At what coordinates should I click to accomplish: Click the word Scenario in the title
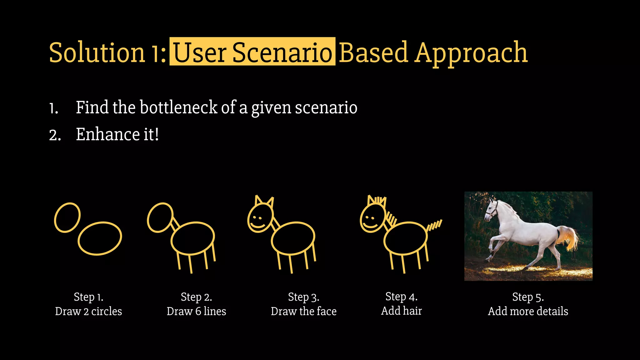282,52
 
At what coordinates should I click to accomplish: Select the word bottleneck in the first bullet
178,107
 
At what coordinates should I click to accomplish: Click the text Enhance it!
117,134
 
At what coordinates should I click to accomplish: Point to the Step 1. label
88,297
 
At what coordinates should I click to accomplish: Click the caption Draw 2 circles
88,311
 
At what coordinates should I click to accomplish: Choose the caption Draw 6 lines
196,311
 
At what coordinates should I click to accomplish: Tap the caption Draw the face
303,311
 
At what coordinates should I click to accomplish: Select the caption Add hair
401,311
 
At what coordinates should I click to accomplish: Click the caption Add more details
528,311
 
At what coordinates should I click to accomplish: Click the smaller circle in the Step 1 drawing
67,217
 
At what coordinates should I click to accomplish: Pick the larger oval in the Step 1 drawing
100,238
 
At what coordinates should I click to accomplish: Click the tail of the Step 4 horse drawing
435,225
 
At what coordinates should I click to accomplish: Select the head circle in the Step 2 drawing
160,217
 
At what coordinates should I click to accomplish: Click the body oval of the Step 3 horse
293,238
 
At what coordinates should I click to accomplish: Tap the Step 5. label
528,297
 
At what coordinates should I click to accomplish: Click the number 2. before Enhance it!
55,136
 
